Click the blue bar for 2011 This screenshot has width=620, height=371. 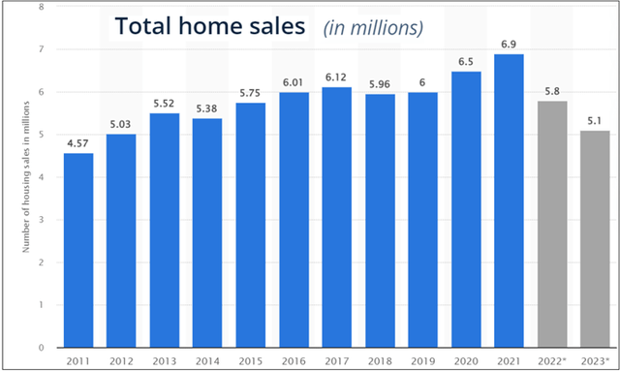point(78,250)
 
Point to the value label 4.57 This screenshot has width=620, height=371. point(78,144)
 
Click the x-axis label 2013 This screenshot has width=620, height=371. point(165,359)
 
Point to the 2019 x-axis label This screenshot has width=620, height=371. point(422,359)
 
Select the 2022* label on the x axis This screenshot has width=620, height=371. point(551,359)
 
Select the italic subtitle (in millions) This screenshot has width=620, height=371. point(374,28)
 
